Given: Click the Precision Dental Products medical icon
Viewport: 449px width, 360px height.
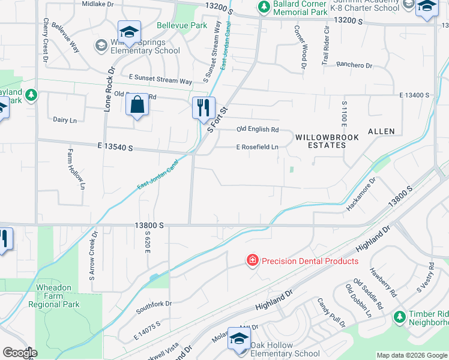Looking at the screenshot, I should pos(253,260).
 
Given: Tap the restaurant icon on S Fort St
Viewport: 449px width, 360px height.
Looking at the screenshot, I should pos(203,108).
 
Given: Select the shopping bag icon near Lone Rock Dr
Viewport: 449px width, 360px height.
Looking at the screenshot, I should pos(137,105).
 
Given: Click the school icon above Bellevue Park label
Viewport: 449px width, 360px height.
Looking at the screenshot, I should pos(129,32).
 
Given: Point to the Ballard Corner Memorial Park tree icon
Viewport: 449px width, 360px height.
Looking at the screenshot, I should pos(263,7).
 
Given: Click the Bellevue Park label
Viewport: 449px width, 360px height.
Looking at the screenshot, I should pos(182,26).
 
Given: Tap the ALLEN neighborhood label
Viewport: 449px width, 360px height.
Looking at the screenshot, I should pos(381,131).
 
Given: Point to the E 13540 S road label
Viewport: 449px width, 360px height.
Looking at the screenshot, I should pos(113,148).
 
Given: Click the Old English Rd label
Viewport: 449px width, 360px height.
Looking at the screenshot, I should pos(258,130).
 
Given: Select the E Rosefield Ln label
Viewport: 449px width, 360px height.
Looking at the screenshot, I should pos(257,147).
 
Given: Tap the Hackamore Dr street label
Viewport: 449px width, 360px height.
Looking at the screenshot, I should pos(361,194).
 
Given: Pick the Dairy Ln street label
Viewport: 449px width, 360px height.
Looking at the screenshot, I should pos(65,120).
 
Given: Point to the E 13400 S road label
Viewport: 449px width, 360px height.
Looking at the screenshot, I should pos(415,95).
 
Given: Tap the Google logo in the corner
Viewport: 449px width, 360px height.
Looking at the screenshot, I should pos(20,353).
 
